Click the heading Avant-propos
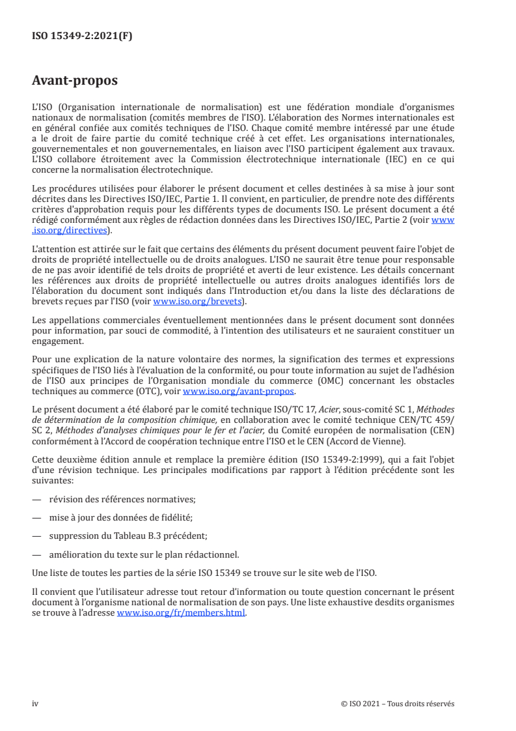(x=75, y=81)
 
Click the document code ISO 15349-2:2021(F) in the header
(x=82, y=36)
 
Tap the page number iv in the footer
(x=35, y=704)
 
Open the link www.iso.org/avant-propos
(x=239, y=391)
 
